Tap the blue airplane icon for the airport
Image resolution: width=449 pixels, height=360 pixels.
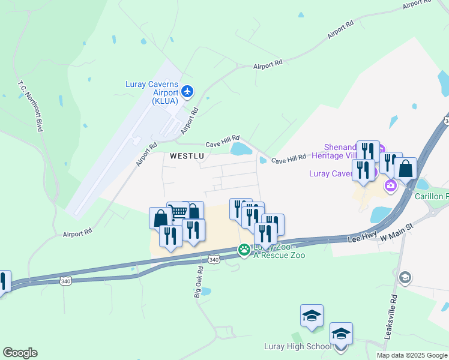point(187,91)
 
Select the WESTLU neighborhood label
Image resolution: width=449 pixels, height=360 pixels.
point(187,156)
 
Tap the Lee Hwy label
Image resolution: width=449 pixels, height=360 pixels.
point(361,238)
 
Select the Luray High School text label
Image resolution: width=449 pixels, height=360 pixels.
point(298,347)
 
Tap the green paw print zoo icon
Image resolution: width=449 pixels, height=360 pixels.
point(244,250)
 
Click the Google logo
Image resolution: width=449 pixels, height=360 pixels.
point(20,353)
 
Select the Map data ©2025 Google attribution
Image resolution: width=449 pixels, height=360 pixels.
point(411,355)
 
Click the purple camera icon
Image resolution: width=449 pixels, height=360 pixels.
point(391,185)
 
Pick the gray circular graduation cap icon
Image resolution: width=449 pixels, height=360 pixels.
point(406,277)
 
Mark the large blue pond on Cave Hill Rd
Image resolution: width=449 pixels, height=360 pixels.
point(241,149)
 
